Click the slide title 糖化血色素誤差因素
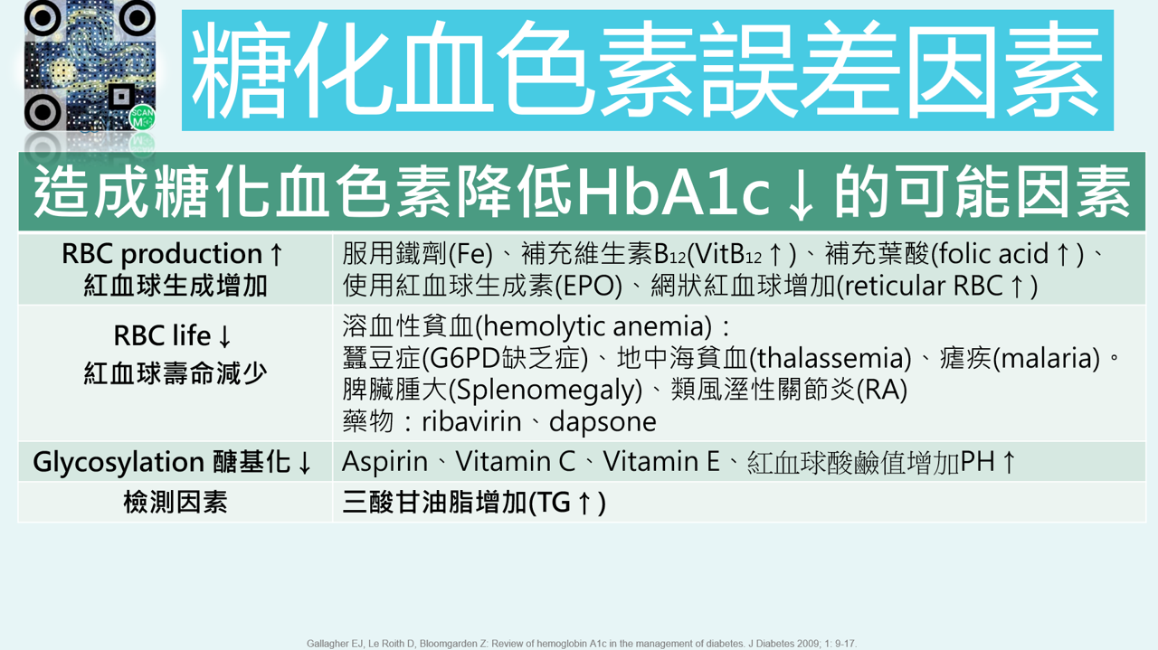[647, 71]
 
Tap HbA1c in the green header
[673, 192]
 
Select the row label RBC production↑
[174, 254]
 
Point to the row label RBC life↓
[174, 336]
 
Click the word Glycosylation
[119, 462]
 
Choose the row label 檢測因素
[176, 503]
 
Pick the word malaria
[1049, 359]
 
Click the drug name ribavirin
[473, 422]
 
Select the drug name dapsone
[603, 422]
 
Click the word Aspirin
[384, 462]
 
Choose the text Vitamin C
[516, 462]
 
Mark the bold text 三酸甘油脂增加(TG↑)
[474, 503]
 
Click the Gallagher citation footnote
[581, 644]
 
